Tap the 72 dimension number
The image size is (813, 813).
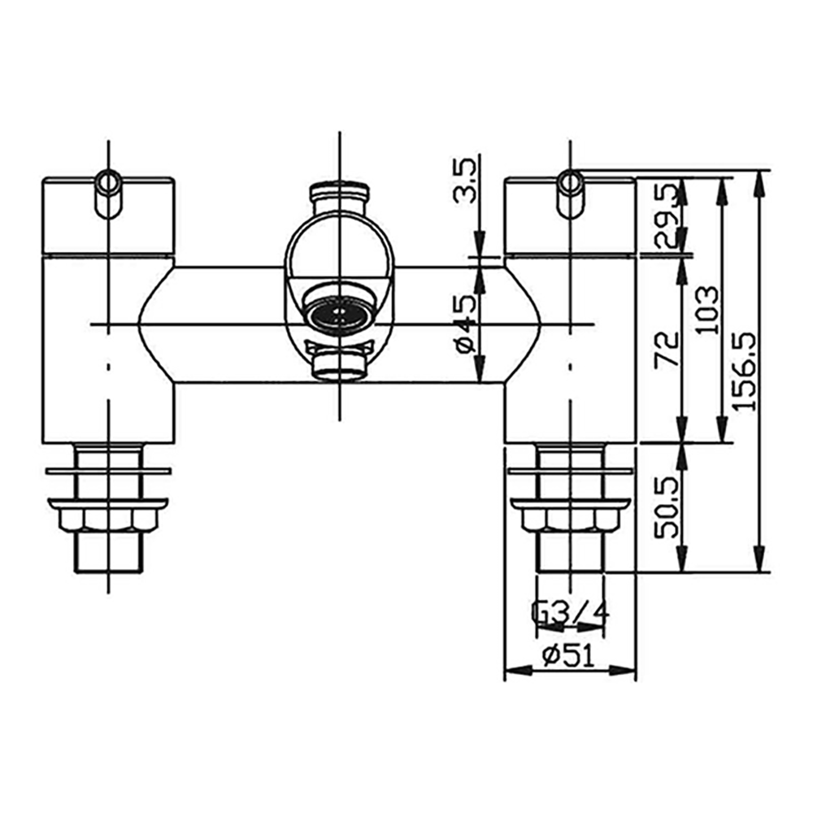(x=667, y=349)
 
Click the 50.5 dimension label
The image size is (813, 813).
(x=667, y=508)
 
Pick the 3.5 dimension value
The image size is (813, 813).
(x=464, y=180)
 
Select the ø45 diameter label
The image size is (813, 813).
(x=464, y=323)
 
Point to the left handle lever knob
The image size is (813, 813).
(x=108, y=192)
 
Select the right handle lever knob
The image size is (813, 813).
(x=570, y=192)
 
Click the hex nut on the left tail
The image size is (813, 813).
(x=108, y=517)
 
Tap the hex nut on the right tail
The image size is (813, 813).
(x=570, y=517)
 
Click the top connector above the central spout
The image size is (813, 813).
(x=339, y=198)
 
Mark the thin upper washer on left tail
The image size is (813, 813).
(x=108, y=470)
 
